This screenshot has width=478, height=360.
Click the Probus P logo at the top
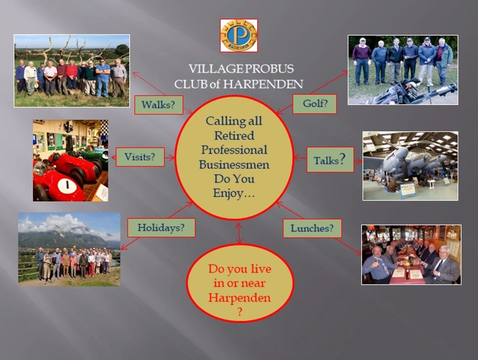pyautogui.click(x=239, y=36)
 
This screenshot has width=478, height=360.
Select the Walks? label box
pyautogui.click(x=159, y=105)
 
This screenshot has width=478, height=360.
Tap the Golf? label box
pyautogui.click(x=314, y=104)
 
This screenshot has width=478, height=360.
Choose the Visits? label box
pyautogui.click(x=140, y=157)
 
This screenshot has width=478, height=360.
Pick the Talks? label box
pyautogui.click(x=330, y=160)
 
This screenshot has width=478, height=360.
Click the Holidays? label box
pyautogui.click(x=161, y=228)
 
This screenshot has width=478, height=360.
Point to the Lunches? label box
pyautogui.click(x=312, y=228)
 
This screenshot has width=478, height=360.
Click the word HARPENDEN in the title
pyautogui.click(x=263, y=84)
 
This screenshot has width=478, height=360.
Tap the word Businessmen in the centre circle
pyautogui.click(x=234, y=165)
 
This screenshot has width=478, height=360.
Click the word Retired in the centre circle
pyautogui.click(x=234, y=136)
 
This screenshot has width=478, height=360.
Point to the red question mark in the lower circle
pyautogui.click(x=239, y=312)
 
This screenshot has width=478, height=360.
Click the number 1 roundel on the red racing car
pyautogui.click(x=67, y=185)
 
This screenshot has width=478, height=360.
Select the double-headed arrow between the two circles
pyautogui.click(x=239, y=233)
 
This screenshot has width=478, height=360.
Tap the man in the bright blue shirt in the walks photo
pyautogui.click(x=103, y=78)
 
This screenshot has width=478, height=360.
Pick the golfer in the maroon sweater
pyautogui.click(x=362, y=61)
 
